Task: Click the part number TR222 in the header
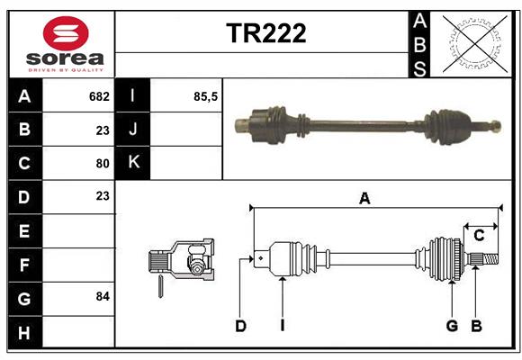[265, 33]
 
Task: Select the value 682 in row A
[99, 95]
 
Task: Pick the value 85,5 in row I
[206, 95]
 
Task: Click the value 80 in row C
[102, 163]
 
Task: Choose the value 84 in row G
[102, 296]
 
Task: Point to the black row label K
[134, 163]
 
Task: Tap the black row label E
[24, 230]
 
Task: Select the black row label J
[134, 130]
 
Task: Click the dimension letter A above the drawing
[364, 199]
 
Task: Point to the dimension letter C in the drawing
[479, 236]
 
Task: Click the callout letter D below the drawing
[240, 326]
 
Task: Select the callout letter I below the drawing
[282, 326]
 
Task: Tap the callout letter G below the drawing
[452, 326]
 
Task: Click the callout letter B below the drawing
[477, 326]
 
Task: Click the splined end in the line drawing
[484, 260]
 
